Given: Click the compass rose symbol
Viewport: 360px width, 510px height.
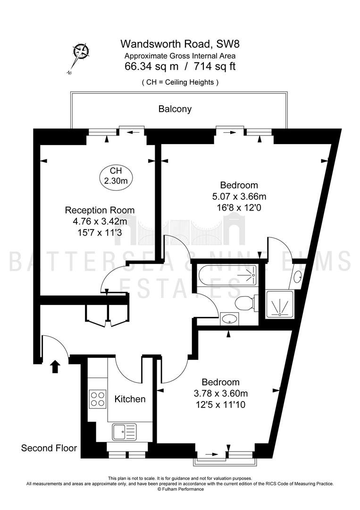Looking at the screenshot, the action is point(80,52).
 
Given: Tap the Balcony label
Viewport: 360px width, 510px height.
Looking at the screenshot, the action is point(175,109).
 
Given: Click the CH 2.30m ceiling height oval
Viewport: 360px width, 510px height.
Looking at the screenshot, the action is point(116,176).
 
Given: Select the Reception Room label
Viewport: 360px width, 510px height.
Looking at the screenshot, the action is point(100,210).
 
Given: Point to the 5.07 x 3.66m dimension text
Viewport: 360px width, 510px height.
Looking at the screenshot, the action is point(239,196).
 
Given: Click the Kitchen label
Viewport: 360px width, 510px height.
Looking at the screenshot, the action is point(130,399).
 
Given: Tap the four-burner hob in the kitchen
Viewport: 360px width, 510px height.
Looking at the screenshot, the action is point(98,399).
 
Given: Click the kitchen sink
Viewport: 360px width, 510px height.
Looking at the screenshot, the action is point(125,432).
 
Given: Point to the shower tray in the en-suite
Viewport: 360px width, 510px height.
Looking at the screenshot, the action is point(280,304).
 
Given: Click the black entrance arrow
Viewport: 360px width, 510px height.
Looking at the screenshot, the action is point(55,366).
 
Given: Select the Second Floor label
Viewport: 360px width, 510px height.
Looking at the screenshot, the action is point(49,448).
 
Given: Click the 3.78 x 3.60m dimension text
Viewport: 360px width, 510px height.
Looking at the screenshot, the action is point(221,393).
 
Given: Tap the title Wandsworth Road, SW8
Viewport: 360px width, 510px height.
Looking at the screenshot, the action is point(180,43).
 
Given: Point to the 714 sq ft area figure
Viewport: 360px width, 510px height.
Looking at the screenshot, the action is point(214,67).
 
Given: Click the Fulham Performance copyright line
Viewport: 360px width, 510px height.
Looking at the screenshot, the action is point(180,498).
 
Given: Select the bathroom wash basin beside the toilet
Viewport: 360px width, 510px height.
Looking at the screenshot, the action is point(230,318).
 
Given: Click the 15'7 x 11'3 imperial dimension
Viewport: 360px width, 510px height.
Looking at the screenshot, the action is point(100,232).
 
